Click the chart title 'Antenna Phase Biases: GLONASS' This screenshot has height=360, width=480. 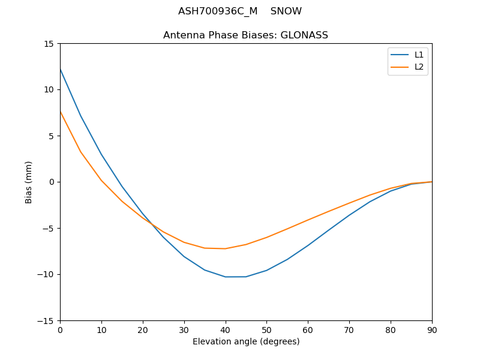point(245,35)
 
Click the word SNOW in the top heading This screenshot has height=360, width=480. point(286,11)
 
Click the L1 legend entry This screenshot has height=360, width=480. point(419,55)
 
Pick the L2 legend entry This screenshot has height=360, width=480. point(419,67)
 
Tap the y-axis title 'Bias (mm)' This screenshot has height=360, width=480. point(29,182)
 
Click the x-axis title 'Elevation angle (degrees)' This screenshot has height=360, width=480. point(246,342)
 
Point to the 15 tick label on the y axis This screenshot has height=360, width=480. point(49,44)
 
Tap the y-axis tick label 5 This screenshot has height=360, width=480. point(51,136)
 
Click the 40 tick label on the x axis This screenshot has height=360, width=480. point(226,330)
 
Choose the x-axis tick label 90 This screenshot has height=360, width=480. point(432,330)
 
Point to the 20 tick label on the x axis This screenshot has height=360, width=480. point(143,330)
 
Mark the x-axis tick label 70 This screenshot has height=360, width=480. point(349,330)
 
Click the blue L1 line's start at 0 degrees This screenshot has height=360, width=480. point(61,70)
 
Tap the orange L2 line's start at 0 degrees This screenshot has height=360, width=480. point(61,112)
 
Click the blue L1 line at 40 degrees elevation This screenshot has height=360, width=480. point(226,277)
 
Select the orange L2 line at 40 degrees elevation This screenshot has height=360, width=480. point(226,248)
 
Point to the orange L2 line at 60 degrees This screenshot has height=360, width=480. point(308,220)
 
